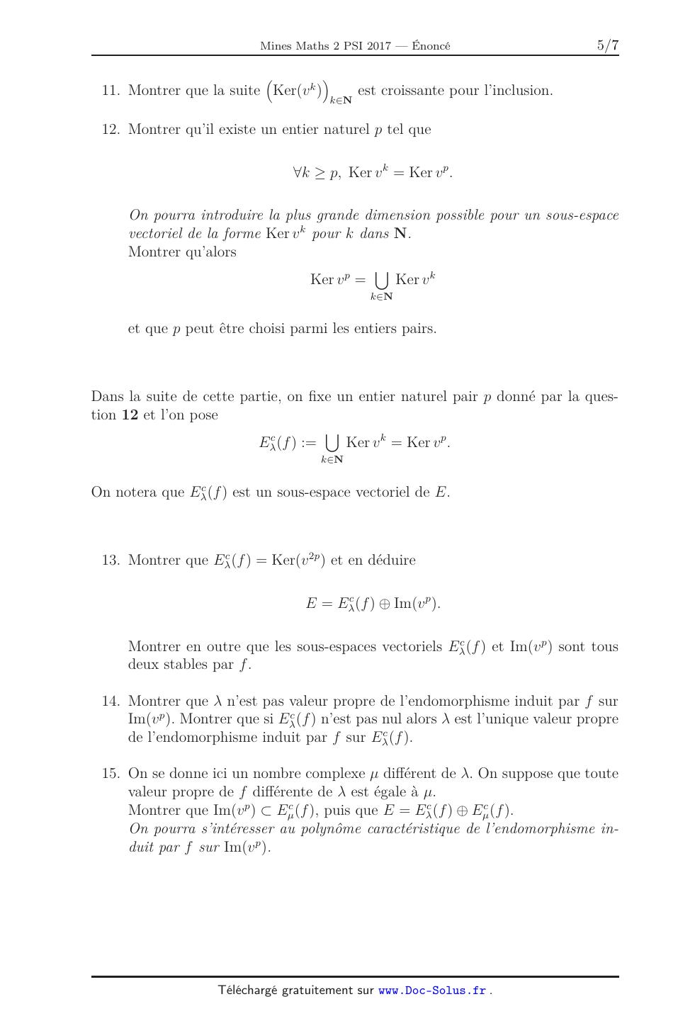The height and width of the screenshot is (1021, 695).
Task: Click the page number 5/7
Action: (608, 46)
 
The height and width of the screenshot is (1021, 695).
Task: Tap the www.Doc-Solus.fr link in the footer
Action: (432, 991)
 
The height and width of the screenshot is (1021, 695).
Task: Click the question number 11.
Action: (111, 91)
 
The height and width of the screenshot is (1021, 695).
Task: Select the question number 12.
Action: (111, 130)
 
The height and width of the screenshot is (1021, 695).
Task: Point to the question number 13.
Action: (111, 560)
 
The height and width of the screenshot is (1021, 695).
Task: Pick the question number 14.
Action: (111, 701)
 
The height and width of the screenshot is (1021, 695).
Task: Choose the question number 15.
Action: (111, 774)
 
